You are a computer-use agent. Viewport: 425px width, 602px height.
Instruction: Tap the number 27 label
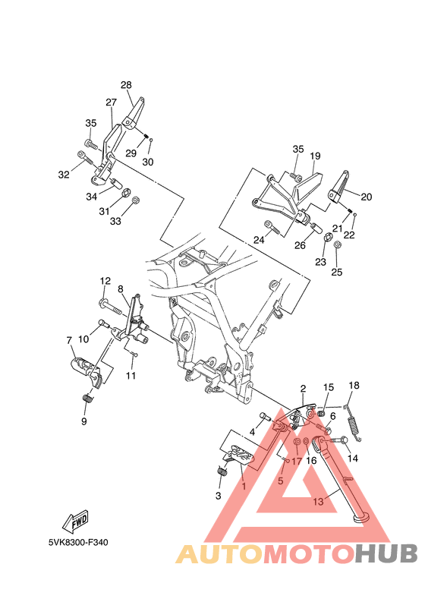click(111, 102)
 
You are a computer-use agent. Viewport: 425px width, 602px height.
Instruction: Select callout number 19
click(315, 156)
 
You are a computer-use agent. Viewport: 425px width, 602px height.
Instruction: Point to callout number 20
click(366, 197)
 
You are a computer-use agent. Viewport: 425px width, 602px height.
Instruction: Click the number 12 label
click(105, 281)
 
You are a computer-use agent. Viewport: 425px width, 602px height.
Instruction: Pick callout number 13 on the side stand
click(318, 501)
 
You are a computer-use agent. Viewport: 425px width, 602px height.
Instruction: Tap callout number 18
click(353, 386)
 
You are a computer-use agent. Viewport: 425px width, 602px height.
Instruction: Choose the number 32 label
click(64, 175)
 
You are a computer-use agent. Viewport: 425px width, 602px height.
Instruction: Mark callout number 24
click(259, 240)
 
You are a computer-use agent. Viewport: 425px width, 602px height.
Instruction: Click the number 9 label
click(83, 421)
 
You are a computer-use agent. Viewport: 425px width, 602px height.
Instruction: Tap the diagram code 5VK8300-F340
click(77, 543)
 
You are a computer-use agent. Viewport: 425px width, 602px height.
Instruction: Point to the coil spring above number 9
click(87, 399)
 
